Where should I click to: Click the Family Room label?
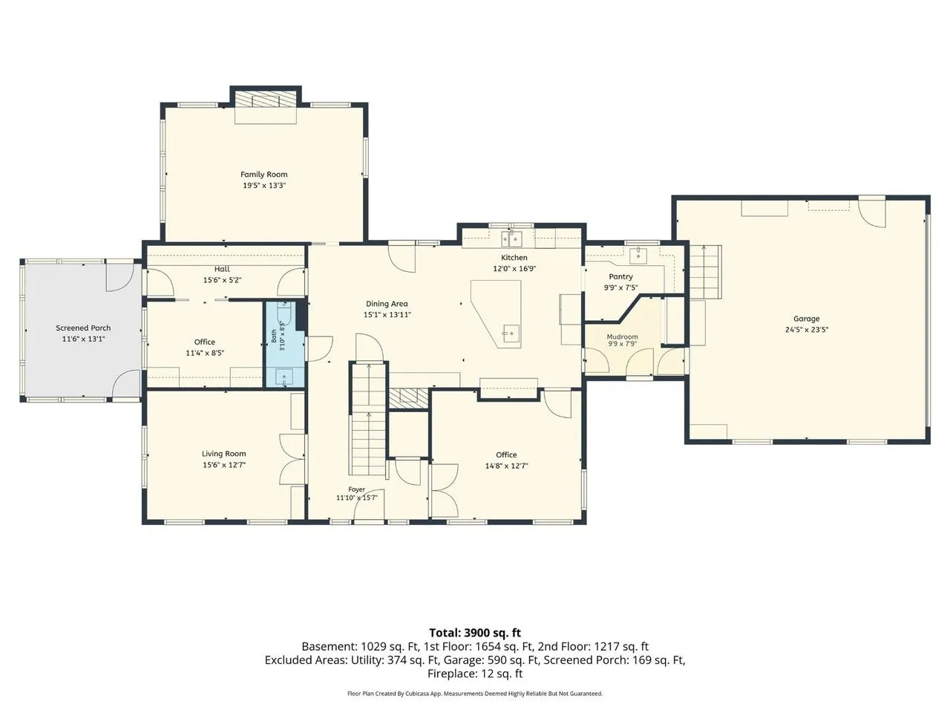263,175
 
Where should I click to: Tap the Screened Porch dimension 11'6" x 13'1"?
84,339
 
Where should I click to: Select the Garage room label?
806,319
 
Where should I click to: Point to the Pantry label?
620,276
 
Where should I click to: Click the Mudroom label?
622,336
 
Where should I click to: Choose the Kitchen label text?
514,258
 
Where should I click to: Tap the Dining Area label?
387,304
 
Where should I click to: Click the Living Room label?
223,454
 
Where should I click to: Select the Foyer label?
357,489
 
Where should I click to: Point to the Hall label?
222,270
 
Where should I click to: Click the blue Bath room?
284,344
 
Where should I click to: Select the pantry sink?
638,255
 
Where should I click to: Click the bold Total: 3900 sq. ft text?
475,633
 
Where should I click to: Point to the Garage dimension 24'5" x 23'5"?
807,330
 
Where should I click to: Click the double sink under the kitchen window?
511,238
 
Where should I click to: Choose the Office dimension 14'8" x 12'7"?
506,466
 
